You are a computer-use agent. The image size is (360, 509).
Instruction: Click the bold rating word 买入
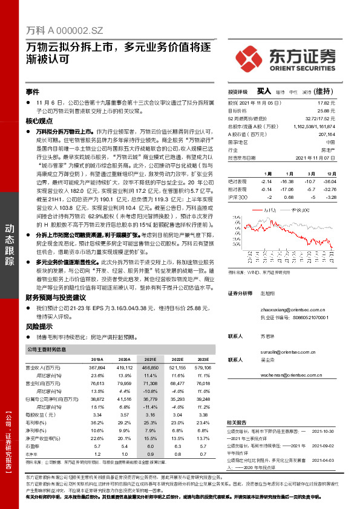click(263, 91)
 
